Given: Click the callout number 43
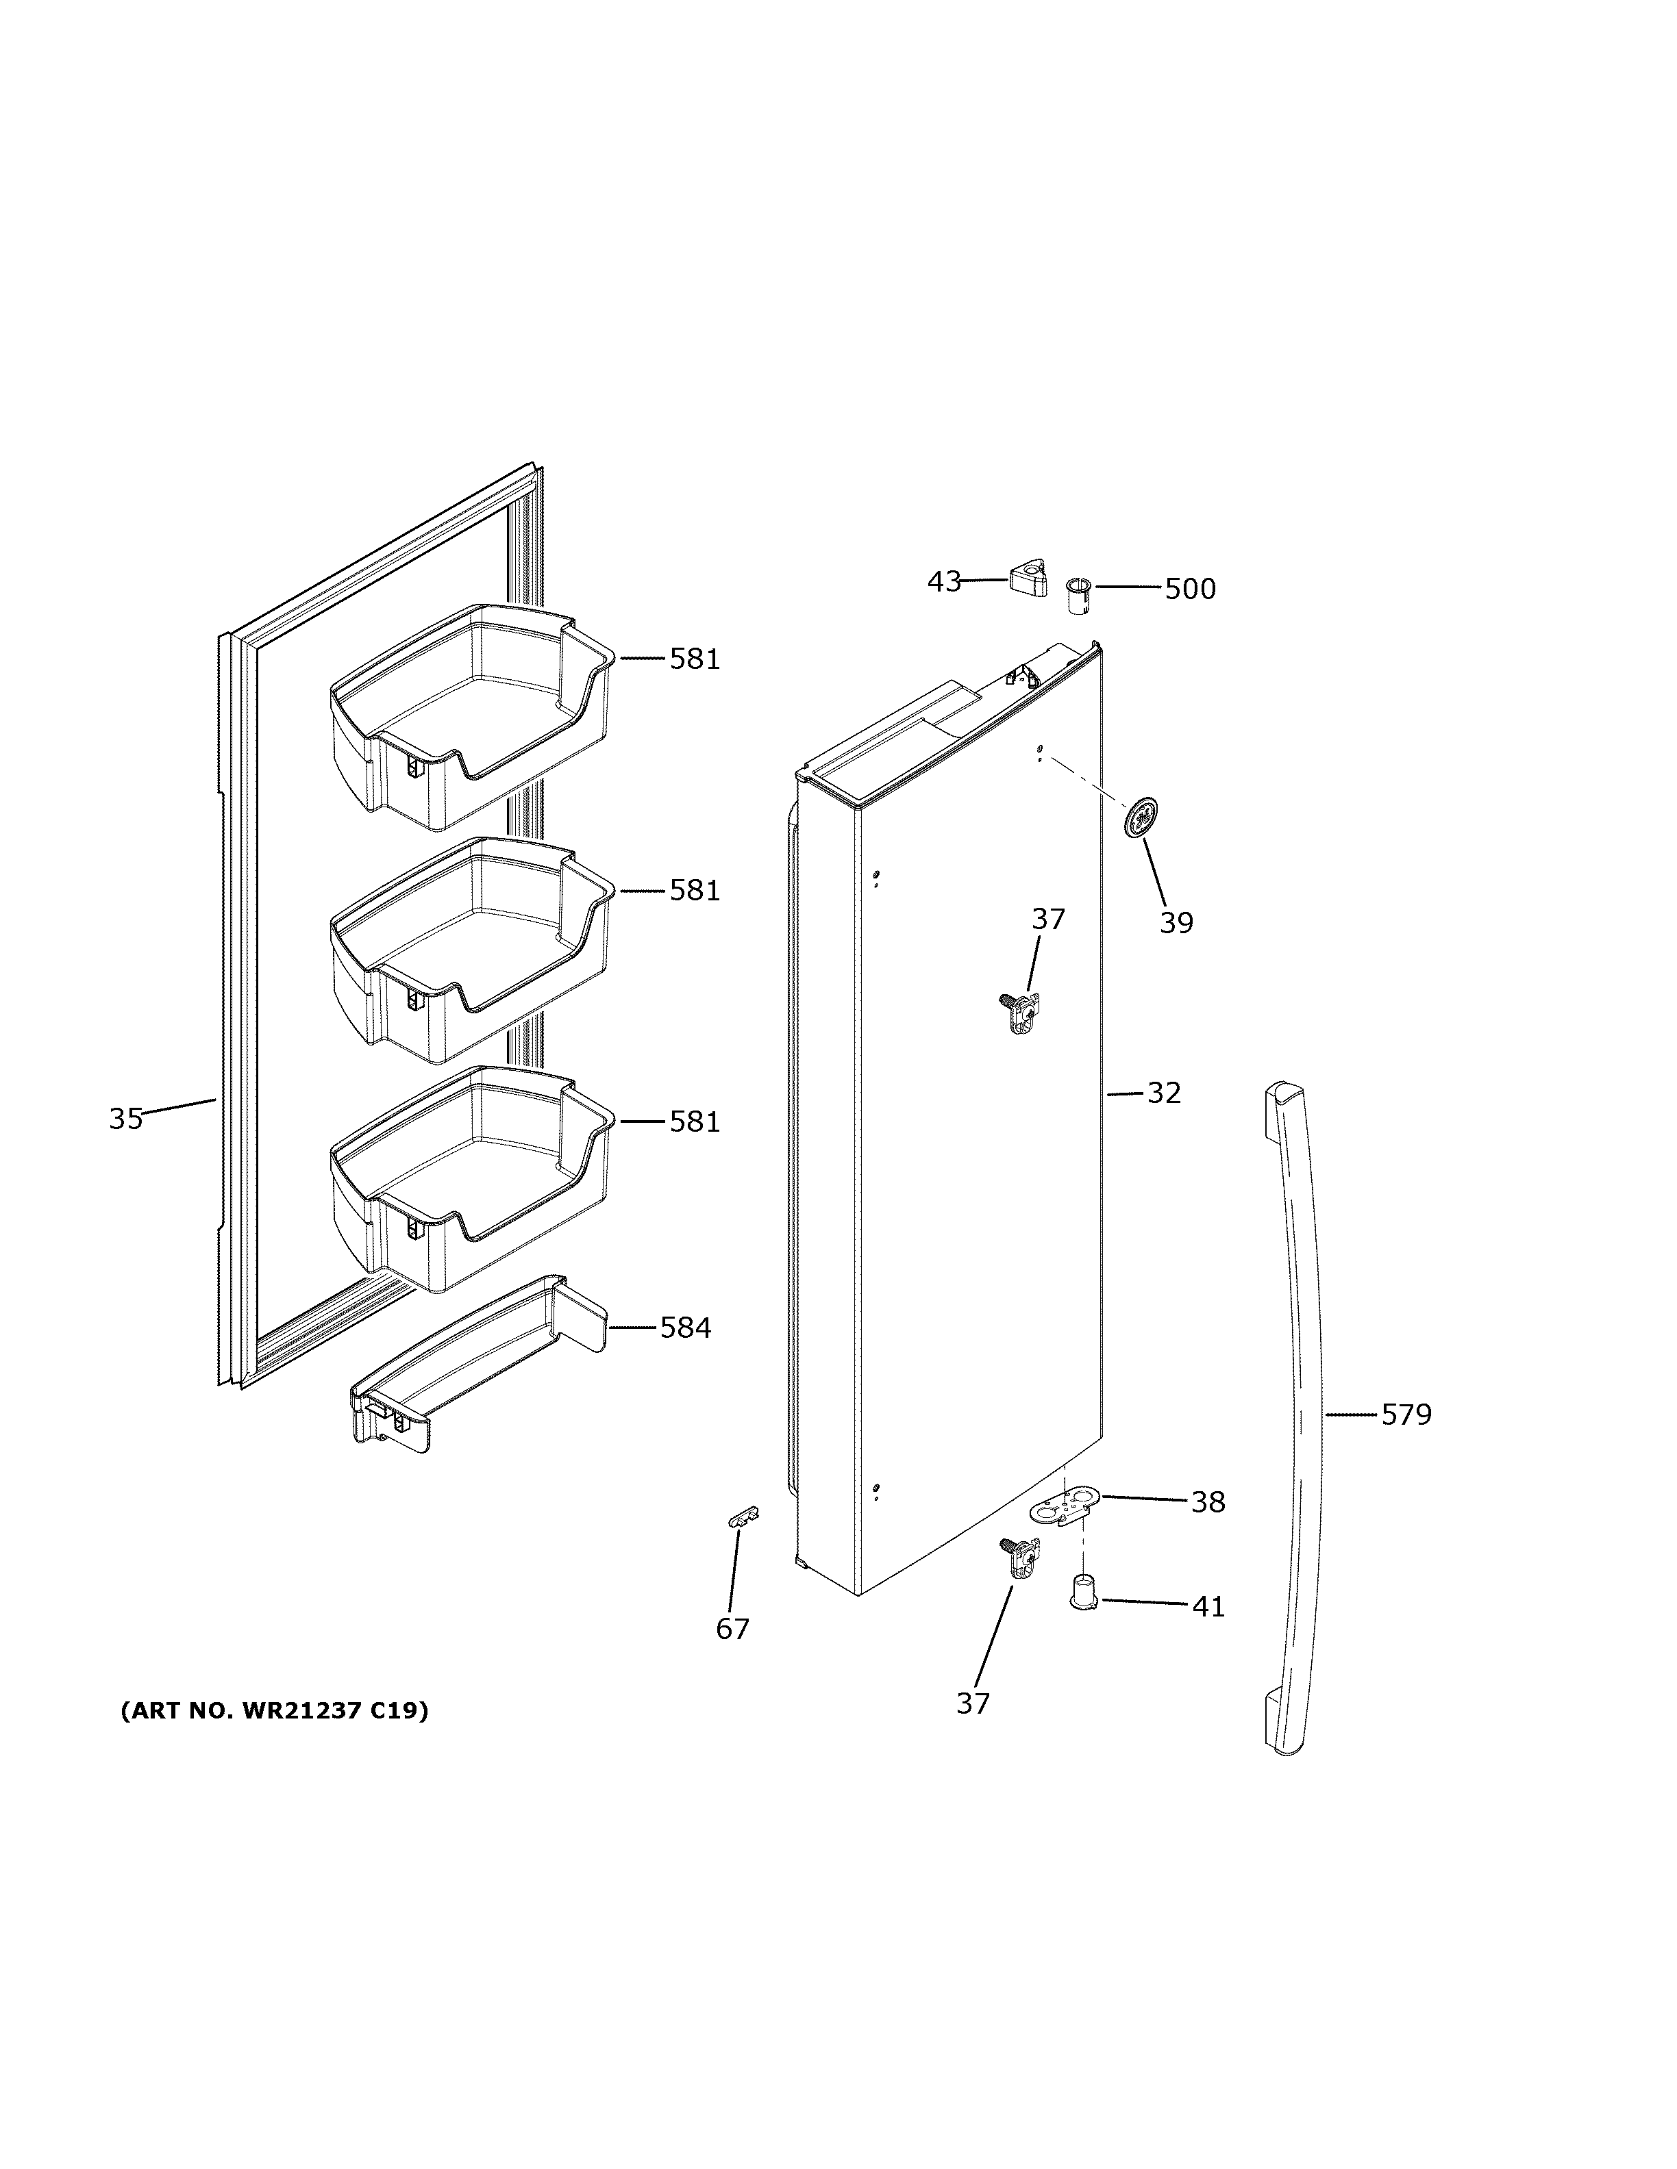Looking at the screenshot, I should coord(944,581).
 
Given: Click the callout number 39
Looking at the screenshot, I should coord(1176,923).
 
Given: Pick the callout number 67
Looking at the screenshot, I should coord(733,1629).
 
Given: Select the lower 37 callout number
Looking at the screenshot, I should coord(973,1703).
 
